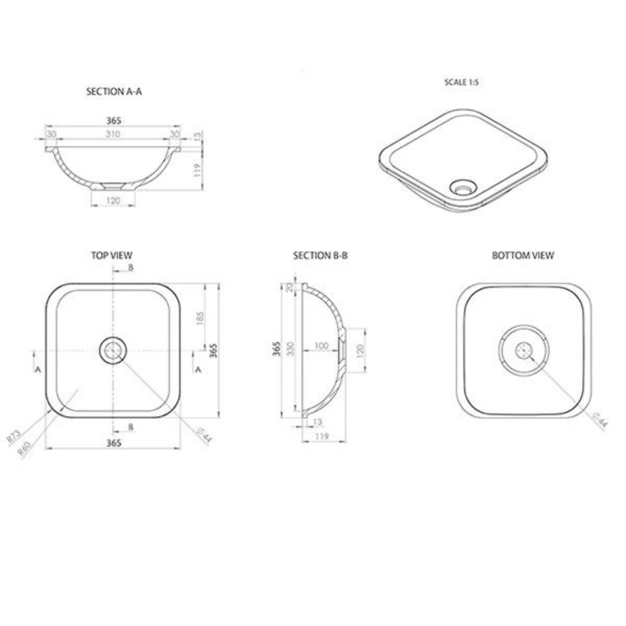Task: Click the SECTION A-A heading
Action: (x=113, y=91)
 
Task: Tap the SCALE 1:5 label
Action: (x=461, y=82)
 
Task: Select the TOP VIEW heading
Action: (x=111, y=255)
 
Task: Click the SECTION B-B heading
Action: (x=320, y=255)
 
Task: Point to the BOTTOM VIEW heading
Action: (x=523, y=255)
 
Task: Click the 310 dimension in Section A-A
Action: (x=113, y=134)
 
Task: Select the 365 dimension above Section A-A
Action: (x=113, y=120)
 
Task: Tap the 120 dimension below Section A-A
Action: (x=113, y=200)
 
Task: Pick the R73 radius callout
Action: (x=13, y=437)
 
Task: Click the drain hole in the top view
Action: (x=113, y=350)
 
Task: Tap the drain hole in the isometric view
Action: (x=462, y=186)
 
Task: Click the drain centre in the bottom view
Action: (x=524, y=350)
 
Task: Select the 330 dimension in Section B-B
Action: (x=290, y=348)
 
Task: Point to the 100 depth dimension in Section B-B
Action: (x=321, y=346)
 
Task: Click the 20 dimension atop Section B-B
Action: (x=290, y=287)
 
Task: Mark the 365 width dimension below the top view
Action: (x=113, y=442)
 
